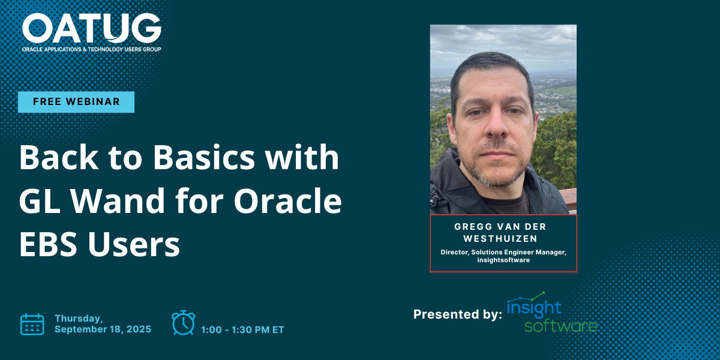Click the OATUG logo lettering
92,28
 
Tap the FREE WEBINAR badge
76,102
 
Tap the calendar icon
32,324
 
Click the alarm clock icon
183,323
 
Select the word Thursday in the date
79,318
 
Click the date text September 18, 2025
103,329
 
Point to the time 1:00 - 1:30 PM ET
242,329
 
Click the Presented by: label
457,314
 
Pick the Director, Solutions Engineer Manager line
503,252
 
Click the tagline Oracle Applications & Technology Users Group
91,49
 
